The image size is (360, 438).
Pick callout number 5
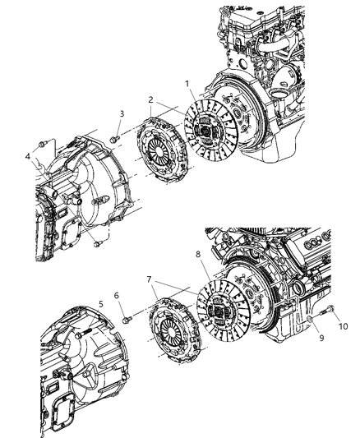[x=100, y=303]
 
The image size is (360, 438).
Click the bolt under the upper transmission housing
[x=99, y=242]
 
